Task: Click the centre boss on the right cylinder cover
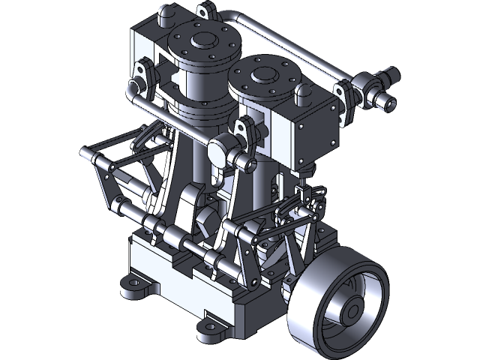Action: click(x=264, y=75)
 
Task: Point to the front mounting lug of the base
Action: click(x=209, y=328)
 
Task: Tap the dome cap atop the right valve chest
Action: click(x=303, y=91)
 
